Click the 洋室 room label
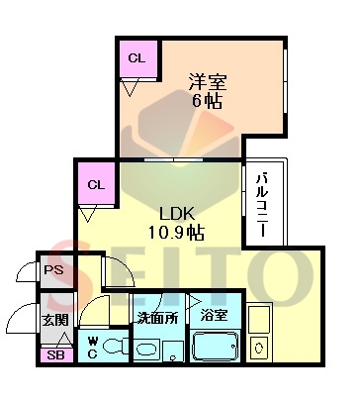[208, 82]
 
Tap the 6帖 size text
[207, 101]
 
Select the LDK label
[177, 214]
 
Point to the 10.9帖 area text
[176, 233]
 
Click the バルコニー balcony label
[263, 205]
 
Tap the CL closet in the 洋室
[138, 59]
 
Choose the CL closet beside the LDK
[96, 184]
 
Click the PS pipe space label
[54, 270]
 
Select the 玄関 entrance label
[55, 320]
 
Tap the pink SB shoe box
[55, 355]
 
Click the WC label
[92, 347]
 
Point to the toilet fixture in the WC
[116, 347]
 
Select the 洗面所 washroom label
[158, 318]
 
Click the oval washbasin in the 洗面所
[147, 350]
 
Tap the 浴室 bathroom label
[215, 315]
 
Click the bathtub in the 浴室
[216, 347]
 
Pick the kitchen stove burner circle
[259, 348]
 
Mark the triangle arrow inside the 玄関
[65, 341]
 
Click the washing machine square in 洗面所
[173, 352]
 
